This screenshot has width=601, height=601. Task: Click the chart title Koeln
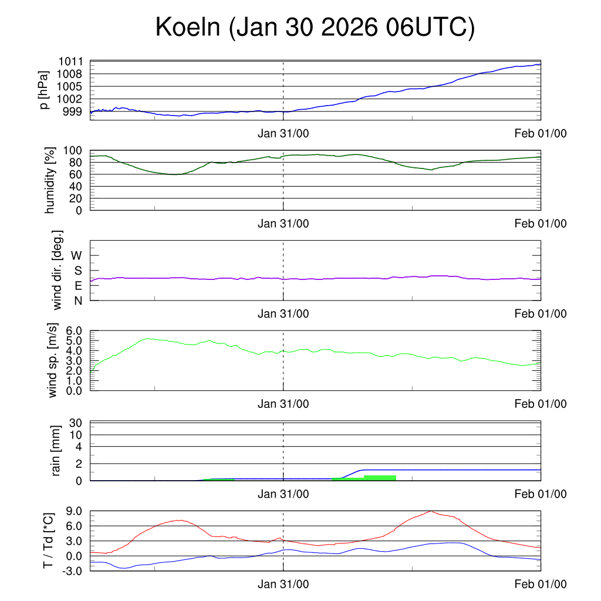[x=314, y=28]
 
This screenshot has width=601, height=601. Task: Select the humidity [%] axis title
[x=49, y=180]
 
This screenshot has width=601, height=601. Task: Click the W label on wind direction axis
[x=77, y=255]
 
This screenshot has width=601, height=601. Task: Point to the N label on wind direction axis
[x=78, y=300]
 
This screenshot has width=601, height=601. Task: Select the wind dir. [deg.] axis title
[x=57, y=270]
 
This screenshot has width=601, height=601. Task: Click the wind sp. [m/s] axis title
[x=53, y=360]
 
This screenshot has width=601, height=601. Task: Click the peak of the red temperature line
[x=431, y=511]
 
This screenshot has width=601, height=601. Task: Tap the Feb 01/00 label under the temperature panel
[x=541, y=584]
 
